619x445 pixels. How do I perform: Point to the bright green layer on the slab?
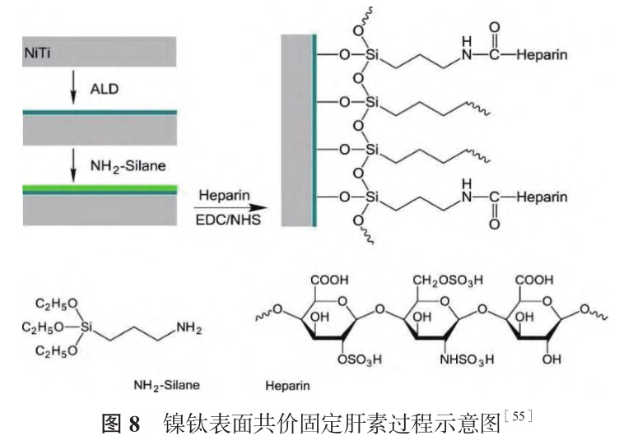[99, 188]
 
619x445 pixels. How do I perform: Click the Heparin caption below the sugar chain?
[287, 384]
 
